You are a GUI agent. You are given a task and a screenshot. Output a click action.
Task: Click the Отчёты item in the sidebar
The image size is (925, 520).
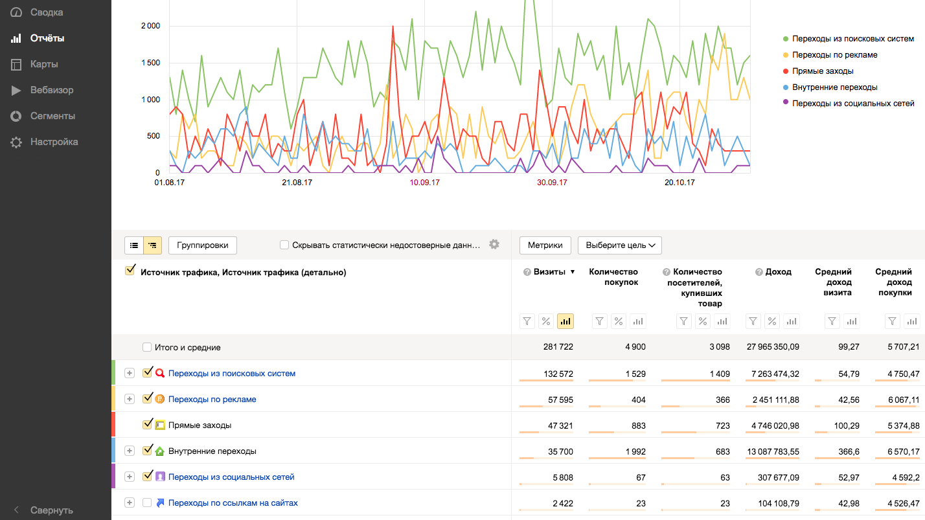47,38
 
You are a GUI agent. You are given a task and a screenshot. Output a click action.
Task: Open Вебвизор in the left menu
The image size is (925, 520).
52,90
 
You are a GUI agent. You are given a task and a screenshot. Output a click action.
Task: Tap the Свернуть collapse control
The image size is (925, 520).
51,510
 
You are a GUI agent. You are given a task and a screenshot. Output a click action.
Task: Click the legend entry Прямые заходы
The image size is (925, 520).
823,71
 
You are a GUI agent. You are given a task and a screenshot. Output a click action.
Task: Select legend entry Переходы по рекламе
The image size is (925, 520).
834,55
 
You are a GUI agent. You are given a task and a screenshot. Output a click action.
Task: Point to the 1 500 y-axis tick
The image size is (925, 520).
150,63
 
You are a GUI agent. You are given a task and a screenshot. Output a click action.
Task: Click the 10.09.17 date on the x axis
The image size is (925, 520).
424,183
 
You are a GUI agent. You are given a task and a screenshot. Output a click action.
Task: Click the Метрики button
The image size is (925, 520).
545,245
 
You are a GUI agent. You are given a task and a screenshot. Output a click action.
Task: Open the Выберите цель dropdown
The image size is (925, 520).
619,245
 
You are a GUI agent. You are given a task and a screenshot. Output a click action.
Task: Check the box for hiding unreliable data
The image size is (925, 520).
284,245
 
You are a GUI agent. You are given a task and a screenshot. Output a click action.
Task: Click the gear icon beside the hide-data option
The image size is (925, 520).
494,244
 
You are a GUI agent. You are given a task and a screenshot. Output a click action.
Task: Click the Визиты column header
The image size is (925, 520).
549,271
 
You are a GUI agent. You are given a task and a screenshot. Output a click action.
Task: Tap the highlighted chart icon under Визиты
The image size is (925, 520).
565,321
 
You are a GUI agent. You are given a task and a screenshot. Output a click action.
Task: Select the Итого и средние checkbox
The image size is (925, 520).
146,347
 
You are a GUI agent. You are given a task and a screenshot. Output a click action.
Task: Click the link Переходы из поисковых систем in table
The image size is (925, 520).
232,374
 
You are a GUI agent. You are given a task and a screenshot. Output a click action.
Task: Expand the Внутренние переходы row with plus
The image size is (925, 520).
130,451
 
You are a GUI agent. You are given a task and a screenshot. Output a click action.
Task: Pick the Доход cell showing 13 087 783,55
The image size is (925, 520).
773,451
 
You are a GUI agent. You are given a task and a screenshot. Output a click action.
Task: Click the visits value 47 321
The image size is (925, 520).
560,425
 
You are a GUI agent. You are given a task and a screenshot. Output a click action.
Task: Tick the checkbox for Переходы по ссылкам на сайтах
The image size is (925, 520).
146,503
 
